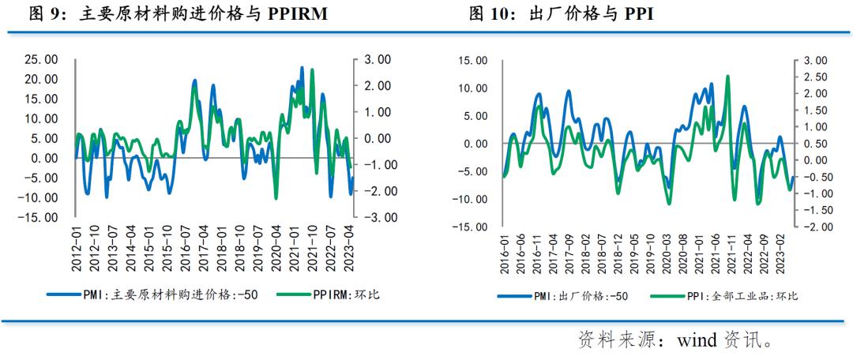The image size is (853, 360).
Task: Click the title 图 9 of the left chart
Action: pyautogui.click(x=47, y=14)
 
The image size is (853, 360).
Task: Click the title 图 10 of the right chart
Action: pyautogui.click(x=489, y=14)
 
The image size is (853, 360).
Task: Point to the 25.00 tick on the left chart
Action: pyautogui.click(x=40, y=59)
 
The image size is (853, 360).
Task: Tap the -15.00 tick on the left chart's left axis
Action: pyautogui.click(x=38, y=217)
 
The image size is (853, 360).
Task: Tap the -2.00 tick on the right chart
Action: pyautogui.click(x=814, y=227)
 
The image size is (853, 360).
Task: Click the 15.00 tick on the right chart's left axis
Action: pyautogui.click(x=475, y=60)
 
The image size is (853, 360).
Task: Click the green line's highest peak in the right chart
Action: pyautogui.click(x=727, y=76)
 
